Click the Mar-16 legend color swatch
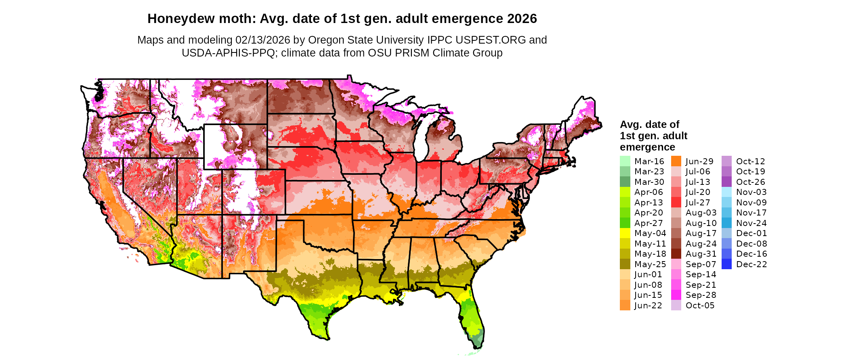pyautogui.click(x=625, y=161)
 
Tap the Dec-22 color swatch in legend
pyautogui.click(x=726, y=264)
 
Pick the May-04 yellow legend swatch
pyautogui.click(x=625, y=233)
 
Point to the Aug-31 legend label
pyautogui.click(x=701, y=254)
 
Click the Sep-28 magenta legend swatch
pyautogui.click(x=676, y=295)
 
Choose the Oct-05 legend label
pyautogui.click(x=700, y=306)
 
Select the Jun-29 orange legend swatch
pyautogui.click(x=676, y=161)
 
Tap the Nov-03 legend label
pyautogui.click(x=751, y=192)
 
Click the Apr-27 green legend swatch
pyautogui.click(x=625, y=223)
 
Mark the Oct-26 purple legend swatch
pyautogui.click(x=726, y=182)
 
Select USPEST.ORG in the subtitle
pyautogui.click(x=491, y=40)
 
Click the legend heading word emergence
pyautogui.click(x=647, y=147)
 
